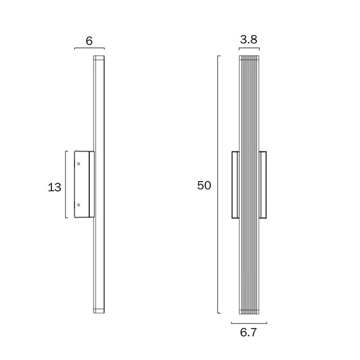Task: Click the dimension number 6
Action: pos(89,41)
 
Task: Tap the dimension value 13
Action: pos(55,187)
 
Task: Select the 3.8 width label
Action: pos(248,40)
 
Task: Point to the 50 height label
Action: pos(204,185)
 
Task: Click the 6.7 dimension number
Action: pos(248,332)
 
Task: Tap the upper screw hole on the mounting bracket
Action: pos(79,164)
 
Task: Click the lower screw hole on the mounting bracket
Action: pos(79,205)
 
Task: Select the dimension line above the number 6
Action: pos(89,48)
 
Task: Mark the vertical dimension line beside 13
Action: pos(66,184)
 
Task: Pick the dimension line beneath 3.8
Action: pos(249,48)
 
